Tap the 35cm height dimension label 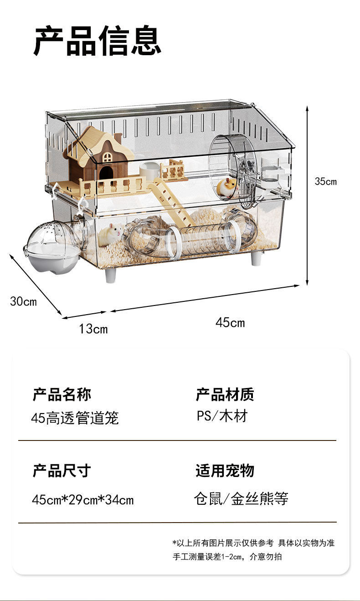(x=325, y=181)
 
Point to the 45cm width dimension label (x=230, y=323)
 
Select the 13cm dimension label (x=93, y=328)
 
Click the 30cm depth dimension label (x=23, y=301)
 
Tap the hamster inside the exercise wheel (x=227, y=187)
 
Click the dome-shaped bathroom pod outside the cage (x=52, y=246)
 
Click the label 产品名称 (x=62, y=394)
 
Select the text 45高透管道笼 (x=75, y=417)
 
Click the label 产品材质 (x=225, y=394)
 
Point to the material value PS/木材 (x=222, y=416)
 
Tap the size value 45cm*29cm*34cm (x=83, y=500)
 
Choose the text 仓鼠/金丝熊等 (x=241, y=499)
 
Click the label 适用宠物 (x=225, y=471)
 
